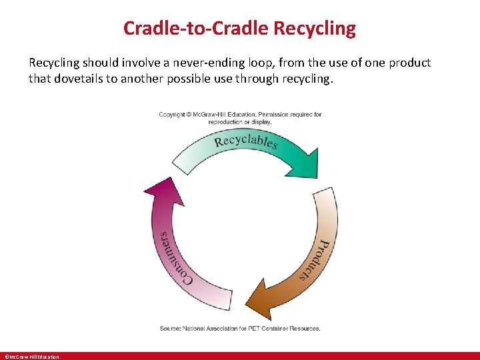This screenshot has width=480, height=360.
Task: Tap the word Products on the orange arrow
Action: pos(316,259)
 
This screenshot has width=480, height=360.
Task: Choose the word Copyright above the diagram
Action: pos(172,115)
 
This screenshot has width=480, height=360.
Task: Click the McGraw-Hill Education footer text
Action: pos(32,357)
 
